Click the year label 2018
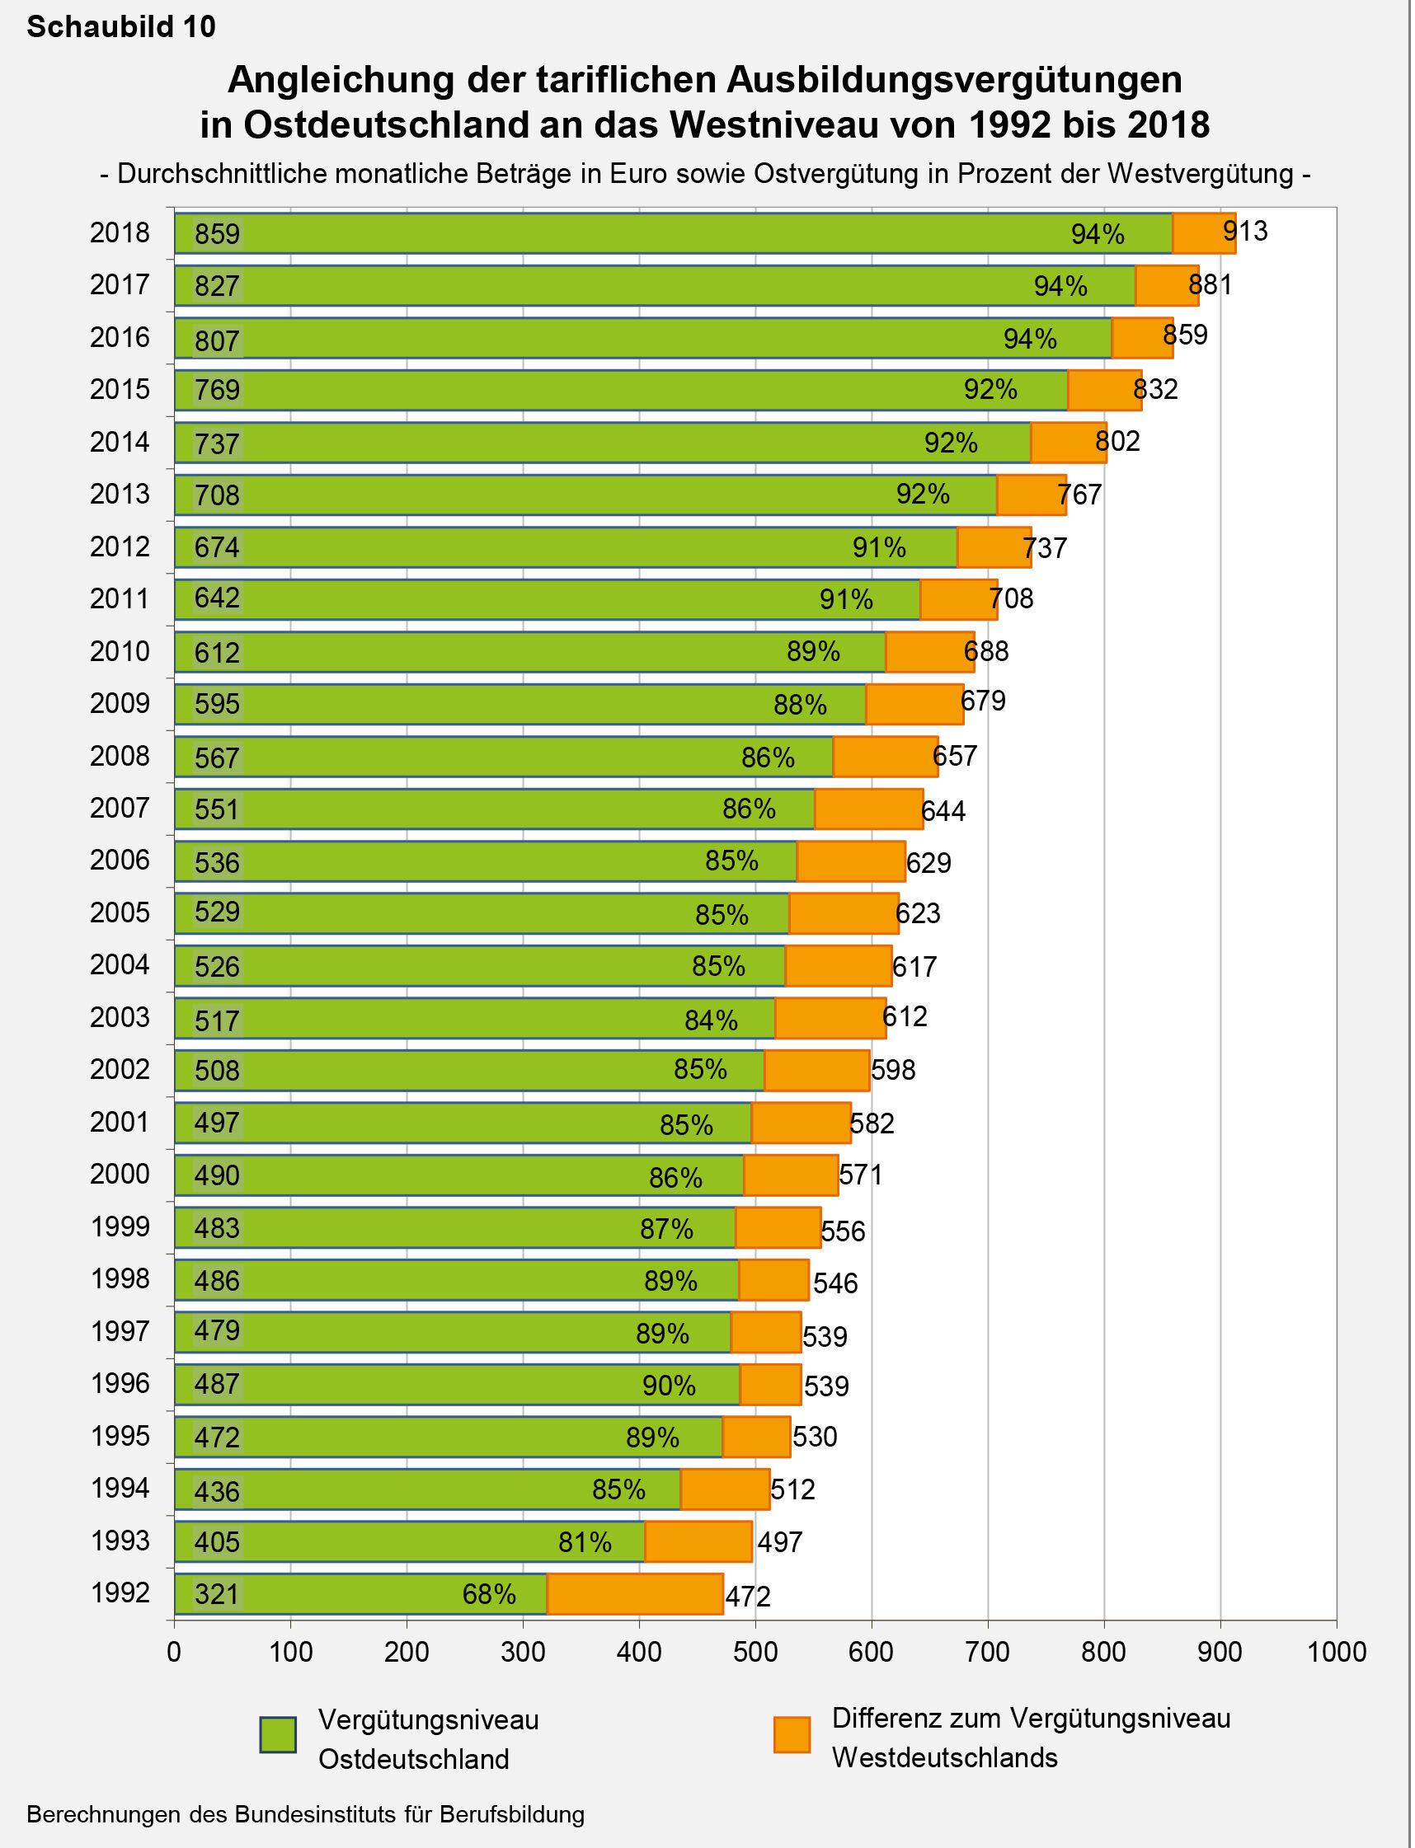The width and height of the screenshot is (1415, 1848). [120, 232]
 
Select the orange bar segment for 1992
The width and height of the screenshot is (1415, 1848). [635, 1594]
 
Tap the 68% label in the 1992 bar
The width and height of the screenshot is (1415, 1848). [488, 1594]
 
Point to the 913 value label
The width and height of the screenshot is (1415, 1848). [1245, 231]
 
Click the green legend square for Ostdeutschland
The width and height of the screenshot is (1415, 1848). [278, 1735]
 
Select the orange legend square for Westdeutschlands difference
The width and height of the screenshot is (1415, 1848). [792, 1735]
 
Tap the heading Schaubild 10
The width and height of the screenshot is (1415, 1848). [121, 27]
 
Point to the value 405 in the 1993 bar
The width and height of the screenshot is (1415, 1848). [218, 1542]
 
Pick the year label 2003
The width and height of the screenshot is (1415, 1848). [120, 1018]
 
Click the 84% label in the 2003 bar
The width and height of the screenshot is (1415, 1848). [711, 1020]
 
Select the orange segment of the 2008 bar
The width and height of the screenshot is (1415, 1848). [886, 757]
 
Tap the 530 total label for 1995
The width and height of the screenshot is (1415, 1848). [815, 1437]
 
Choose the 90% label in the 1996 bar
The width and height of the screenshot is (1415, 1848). [669, 1386]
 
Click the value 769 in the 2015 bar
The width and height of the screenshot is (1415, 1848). [218, 390]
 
